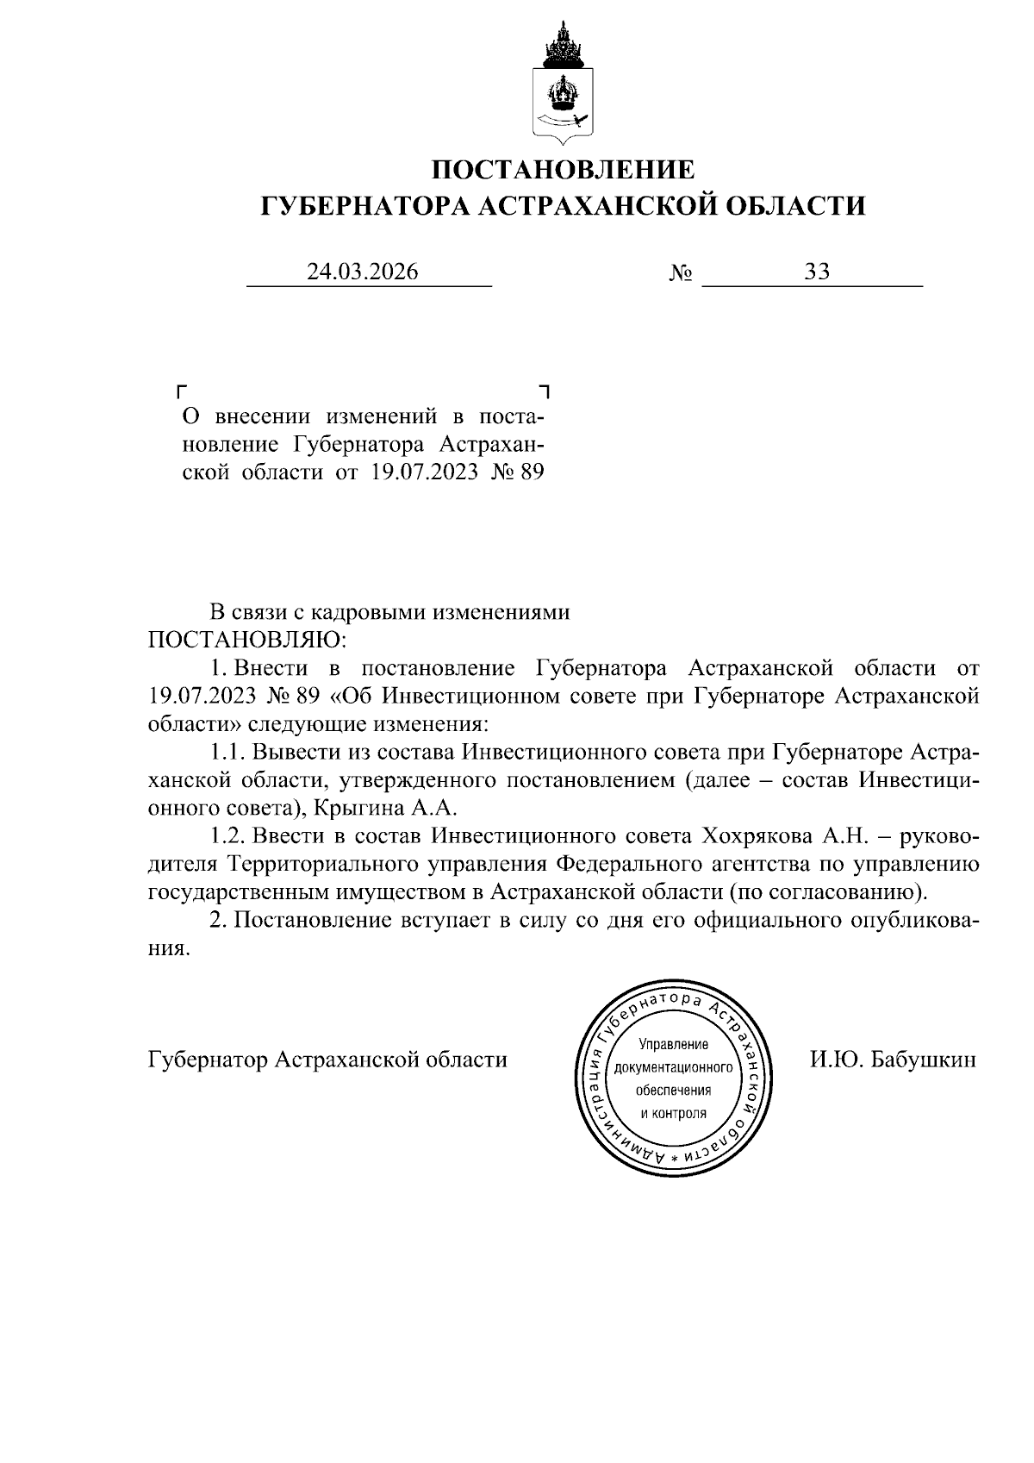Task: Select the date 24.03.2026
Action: pos(363,272)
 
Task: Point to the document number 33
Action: pos(816,272)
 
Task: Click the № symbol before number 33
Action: pos(681,274)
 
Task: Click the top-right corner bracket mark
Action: pos(544,391)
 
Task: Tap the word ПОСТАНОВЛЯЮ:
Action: pos(247,641)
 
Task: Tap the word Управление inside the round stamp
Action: pos(674,1045)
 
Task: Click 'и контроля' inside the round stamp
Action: pos(674,1112)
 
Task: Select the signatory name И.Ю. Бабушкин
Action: pos(893,1060)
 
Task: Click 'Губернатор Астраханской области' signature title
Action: pos(327,1060)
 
